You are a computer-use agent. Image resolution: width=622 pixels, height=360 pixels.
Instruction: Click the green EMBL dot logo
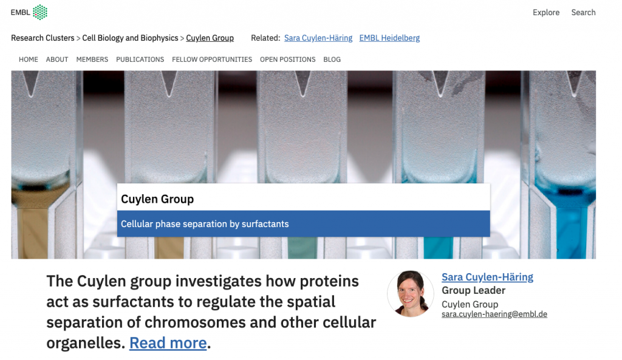[x=40, y=12]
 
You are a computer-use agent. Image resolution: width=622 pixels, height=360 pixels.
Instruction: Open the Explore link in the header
[x=546, y=13]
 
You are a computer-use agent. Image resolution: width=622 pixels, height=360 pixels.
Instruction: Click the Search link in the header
[x=583, y=13]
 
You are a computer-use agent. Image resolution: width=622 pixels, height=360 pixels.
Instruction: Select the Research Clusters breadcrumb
[x=43, y=38]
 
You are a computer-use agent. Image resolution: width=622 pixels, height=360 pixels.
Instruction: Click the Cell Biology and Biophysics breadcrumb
[x=130, y=38]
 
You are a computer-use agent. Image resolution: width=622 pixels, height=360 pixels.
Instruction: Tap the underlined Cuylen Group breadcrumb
[x=210, y=38]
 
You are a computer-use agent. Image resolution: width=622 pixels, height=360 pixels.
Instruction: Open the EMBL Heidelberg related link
[x=389, y=38]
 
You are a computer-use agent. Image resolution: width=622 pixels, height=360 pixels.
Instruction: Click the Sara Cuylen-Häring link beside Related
[x=318, y=38]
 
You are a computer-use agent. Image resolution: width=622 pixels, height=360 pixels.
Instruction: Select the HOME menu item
[x=29, y=59]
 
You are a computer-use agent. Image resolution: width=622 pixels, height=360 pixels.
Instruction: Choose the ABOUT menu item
[x=57, y=59]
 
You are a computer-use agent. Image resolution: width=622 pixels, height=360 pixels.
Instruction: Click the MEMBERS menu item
[x=92, y=59]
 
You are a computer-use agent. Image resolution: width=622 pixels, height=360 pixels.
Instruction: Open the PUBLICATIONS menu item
[x=140, y=59]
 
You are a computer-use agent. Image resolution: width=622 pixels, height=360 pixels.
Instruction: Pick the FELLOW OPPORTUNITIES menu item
[x=212, y=59]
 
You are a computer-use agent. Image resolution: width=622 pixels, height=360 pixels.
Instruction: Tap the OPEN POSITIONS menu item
[x=287, y=59]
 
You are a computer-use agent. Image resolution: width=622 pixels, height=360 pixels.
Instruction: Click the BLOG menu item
[x=332, y=59]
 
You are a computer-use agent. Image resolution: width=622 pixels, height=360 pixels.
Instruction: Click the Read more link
[x=168, y=343]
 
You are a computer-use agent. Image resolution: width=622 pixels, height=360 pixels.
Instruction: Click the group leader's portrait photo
[x=411, y=294]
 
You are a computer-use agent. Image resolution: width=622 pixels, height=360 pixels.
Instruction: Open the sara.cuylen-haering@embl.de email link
[x=494, y=314]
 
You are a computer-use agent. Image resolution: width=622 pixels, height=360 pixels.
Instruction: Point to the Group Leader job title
[x=473, y=291]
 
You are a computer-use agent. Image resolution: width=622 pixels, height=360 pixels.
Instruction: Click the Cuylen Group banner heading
[x=157, y=199]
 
